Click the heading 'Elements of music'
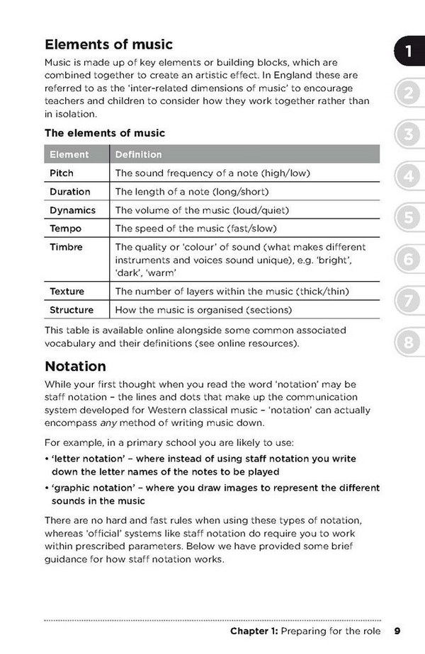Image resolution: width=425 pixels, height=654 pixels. tap(108, 45)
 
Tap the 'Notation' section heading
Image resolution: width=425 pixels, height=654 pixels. tap(75, 366)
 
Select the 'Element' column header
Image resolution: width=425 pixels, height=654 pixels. tap(69, 154)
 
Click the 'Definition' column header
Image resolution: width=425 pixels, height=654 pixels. tap(138, 154)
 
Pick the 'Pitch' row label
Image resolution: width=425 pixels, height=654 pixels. tap(62, 173)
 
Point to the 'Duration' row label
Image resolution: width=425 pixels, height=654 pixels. tap(70, 192)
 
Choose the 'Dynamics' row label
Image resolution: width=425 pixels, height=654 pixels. tap(72, 210)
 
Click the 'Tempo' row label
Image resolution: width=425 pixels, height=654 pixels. tap(65, 229)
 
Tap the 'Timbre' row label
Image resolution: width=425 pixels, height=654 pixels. tap(66, 247)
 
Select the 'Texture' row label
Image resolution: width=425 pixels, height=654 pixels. tap(67, 291)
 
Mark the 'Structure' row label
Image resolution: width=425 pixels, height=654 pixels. tap(72, 309)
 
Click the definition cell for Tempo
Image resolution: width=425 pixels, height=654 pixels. tap(195, 229)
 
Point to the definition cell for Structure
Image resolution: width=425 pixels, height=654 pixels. tap(203, 309)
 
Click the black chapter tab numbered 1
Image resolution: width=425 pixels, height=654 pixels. tap(409, 51)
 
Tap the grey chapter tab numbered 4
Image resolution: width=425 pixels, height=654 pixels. tap(409, 176)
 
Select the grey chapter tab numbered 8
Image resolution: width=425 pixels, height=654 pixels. tap(409, 343)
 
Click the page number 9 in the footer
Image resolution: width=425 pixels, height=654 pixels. tap(397, 631)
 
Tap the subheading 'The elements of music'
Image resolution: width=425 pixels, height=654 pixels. tap(105, 132)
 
